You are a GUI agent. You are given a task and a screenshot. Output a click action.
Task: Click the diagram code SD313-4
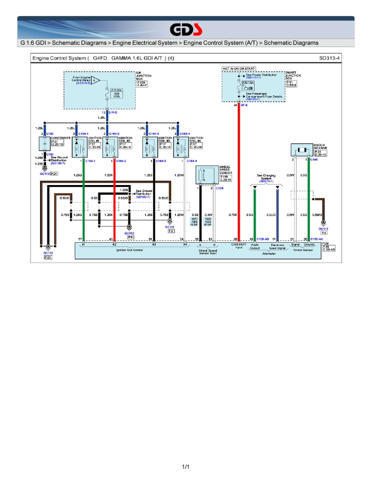pos(329,58)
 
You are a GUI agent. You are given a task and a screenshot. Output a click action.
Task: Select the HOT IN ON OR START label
pos(238,69)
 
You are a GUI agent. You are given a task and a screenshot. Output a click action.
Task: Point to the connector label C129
pos(219,188)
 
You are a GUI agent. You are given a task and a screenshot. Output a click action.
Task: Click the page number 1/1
pos(186,467)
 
